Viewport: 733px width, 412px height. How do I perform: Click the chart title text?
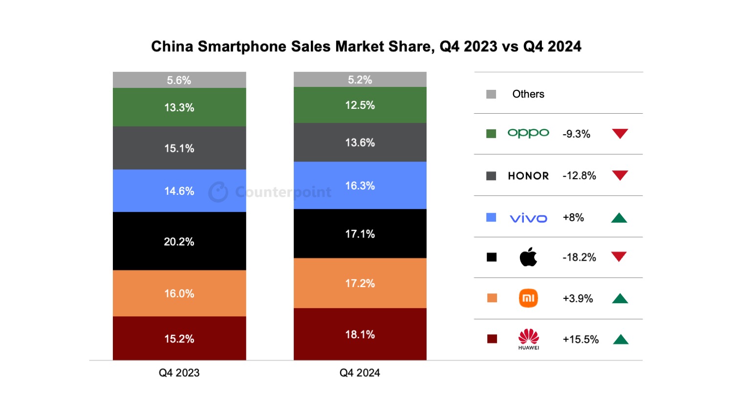[x=366, y=46]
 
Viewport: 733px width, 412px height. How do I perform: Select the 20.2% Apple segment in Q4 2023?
[x=179, y=241]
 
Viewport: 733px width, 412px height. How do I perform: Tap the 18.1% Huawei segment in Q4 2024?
[x=360, y=334]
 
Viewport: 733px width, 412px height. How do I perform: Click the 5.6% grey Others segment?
[x=179, y=80]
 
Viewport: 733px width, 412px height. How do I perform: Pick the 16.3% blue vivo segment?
[x=360, y=185]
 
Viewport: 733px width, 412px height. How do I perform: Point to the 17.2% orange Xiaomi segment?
[x=360, y=283]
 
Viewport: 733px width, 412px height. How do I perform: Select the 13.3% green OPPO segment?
[x=179, y=107]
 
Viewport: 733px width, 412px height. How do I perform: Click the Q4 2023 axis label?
[x=179, y=373]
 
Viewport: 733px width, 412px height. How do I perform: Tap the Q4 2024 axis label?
[x=360, y=373]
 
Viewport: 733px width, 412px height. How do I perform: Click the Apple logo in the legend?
[x=528, y=257]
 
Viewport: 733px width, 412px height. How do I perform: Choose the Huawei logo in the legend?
[x=528, y=339]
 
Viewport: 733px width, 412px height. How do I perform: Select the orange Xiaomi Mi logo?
[x=528, y=298]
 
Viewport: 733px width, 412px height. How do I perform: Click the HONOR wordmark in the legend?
[x=528, y=176]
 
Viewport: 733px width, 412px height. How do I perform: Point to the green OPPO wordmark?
[x=528, y=133]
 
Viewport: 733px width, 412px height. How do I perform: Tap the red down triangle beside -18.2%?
[x=619, y=256]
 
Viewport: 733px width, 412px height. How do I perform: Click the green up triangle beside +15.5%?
[x=621, y=340]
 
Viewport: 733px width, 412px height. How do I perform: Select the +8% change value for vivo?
[x=573, y=218]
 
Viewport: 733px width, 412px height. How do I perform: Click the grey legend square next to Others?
[x=491, y=94]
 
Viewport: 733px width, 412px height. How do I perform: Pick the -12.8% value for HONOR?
[x=579, y=176]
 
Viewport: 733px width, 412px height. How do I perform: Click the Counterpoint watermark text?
[x=283, y=192]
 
